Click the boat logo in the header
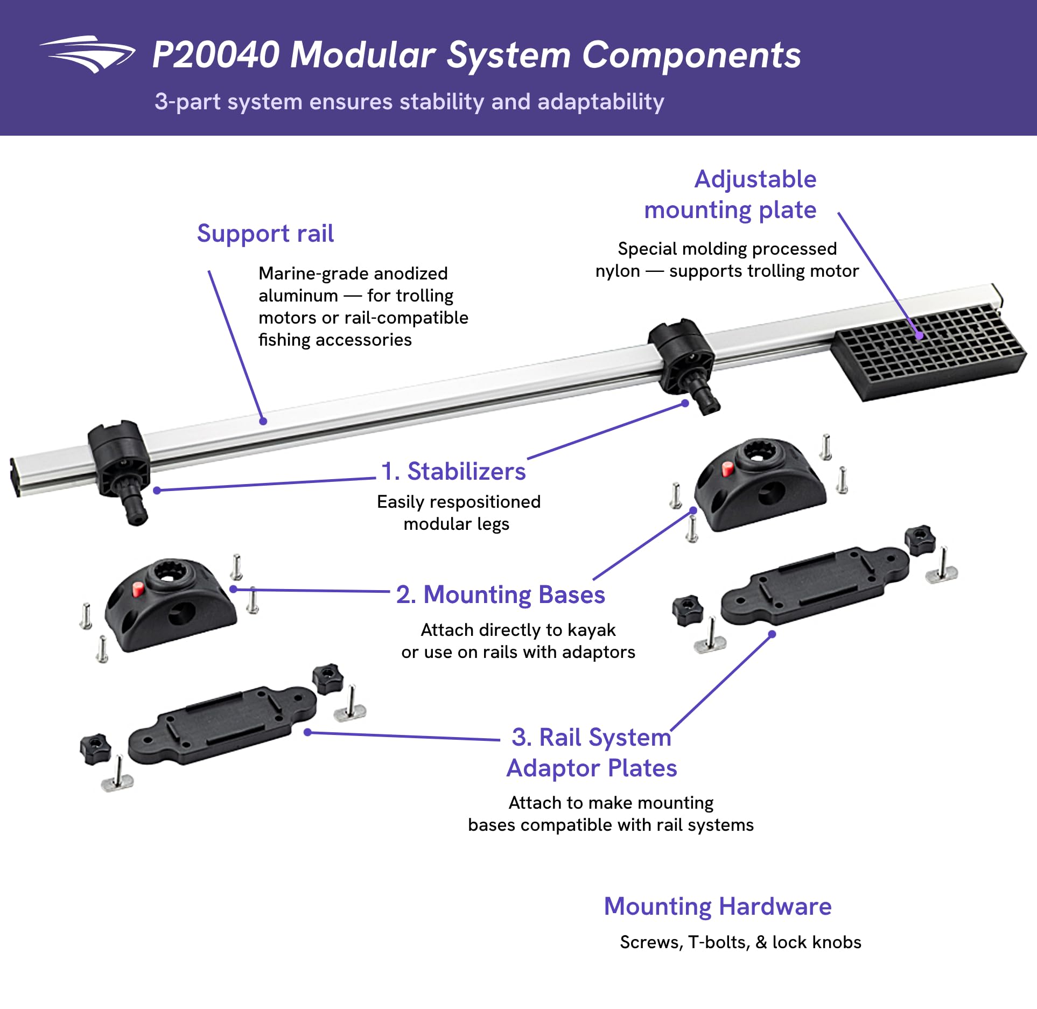pyautogui.click(x=87, y=54)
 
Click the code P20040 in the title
pyautogui.click(x=216, y=55)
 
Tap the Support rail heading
pyautogui.click(x=265, y=234)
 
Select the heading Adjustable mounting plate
pyautogui.click(x=730, y=194)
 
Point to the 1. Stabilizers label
pyautogui.click(x=453, y=471)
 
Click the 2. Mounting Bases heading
pyautogui.click(x=501, y=595)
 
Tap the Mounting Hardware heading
pyautogui.click(x=718, y=906)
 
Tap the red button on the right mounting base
pyautogui.click(x=727, y=469)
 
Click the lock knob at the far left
pyautogui.click(x=95, y=748)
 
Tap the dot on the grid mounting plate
pyautogui.click(x=920, y=335)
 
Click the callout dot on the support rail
pyautogui.click(x=263, y=421)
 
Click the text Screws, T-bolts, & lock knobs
pyautogui.click(x=740, y=942)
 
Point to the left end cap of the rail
pyautogui.click(x=15, y=477)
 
